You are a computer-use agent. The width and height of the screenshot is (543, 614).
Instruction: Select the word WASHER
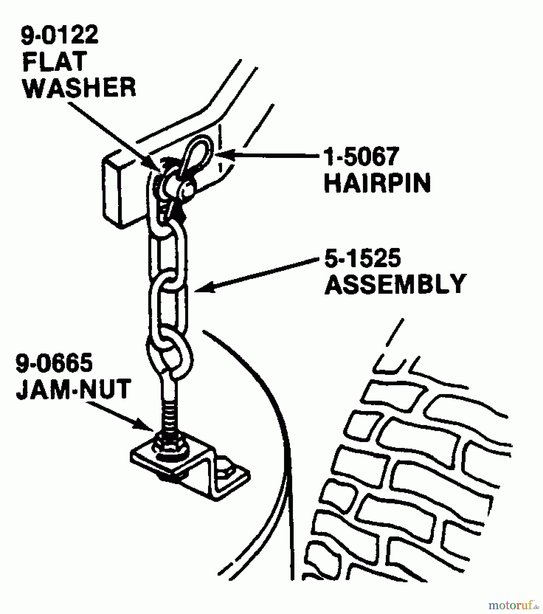pos(80,88)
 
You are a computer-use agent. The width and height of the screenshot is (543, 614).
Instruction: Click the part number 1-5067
pos(361,157)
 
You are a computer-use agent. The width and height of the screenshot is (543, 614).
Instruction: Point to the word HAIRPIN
pos(377,183)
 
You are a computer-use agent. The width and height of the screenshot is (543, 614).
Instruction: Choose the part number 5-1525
pos(362,258)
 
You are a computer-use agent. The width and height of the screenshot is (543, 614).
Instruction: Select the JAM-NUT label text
pos(73,389)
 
